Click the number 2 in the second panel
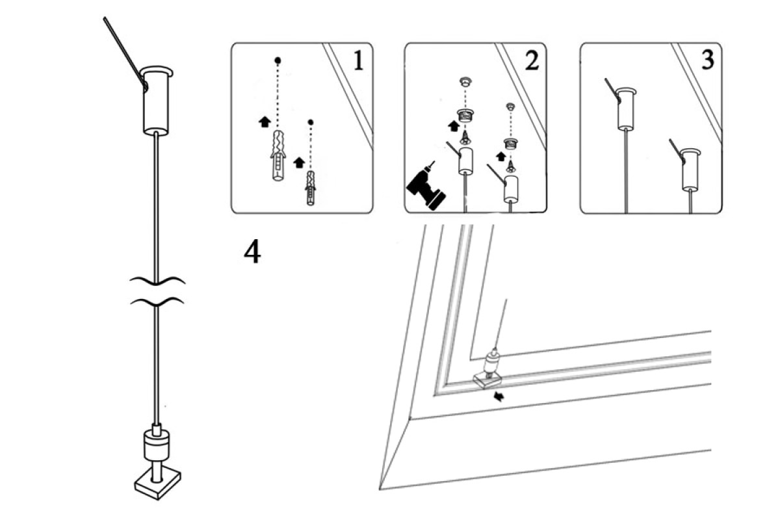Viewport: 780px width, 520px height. [x=531, y=60]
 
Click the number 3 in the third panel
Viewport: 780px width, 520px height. [x=707, y=60]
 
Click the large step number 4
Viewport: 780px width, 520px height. [x=252, y=252]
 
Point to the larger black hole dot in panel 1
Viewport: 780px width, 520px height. [x=278, y=60]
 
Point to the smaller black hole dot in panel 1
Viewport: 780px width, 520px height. [x=311, y=122]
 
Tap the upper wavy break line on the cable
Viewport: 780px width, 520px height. [x=157, y=280]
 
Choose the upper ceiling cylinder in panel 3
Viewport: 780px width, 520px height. [x=625, y=107]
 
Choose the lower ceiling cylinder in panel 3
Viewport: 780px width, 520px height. [x=690, y=169]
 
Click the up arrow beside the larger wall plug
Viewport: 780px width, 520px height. [x=264, y=122]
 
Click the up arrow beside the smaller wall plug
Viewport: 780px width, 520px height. [x=298, y=161]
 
